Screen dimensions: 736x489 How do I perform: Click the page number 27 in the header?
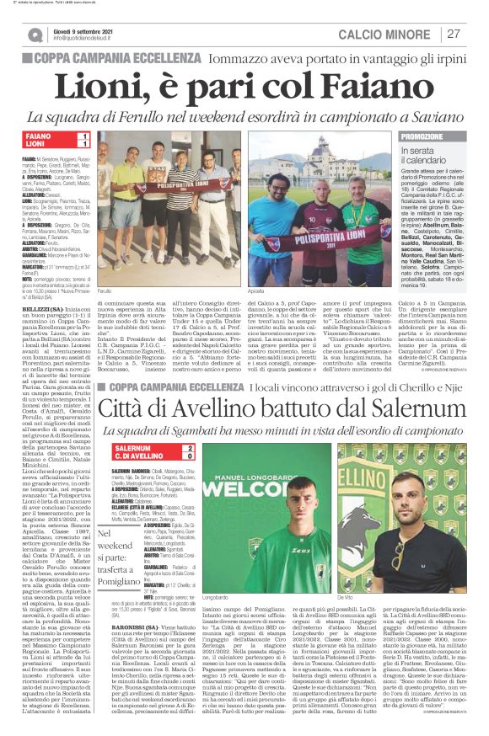tap(454, 34)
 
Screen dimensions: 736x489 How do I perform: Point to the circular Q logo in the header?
tap(34, 35)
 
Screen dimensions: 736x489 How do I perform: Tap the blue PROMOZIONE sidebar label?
tap(422, 136)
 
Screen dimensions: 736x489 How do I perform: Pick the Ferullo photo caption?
tap(105, 289)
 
